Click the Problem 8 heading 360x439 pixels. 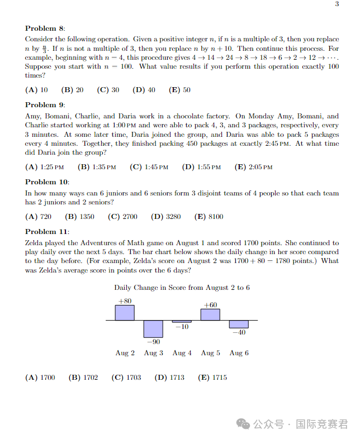click(x=45, y=28)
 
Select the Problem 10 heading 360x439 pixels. click(x=48, y=182)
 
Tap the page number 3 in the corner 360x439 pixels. click(x=337, y=4)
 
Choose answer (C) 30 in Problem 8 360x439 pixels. click(x=108, y=90)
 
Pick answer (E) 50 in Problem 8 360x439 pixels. click(x=179, y=90)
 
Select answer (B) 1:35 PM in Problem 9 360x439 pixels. click(x=97, y=167)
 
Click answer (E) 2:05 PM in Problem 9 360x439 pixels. click(x=254, y=167)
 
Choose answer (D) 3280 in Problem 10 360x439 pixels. click(x=166, y=217)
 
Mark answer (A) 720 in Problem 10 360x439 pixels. click(x=39, y=217)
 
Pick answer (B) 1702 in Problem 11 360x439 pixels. click(x=83, y=378)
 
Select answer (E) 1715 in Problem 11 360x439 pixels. click(x=213, y=378)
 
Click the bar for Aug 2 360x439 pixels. click(x=125, y=313)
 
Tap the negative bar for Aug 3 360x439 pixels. click(x=153, y=328)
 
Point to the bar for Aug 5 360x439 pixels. click(x=210, y=314)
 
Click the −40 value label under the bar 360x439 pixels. click(x=239, y=333)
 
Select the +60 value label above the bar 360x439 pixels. click(x=210, y=305)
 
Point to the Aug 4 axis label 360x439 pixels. click(x=182, y=353)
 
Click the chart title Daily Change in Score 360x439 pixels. click(x=182, y=288)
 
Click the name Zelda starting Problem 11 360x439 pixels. click(x=35, y=244)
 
